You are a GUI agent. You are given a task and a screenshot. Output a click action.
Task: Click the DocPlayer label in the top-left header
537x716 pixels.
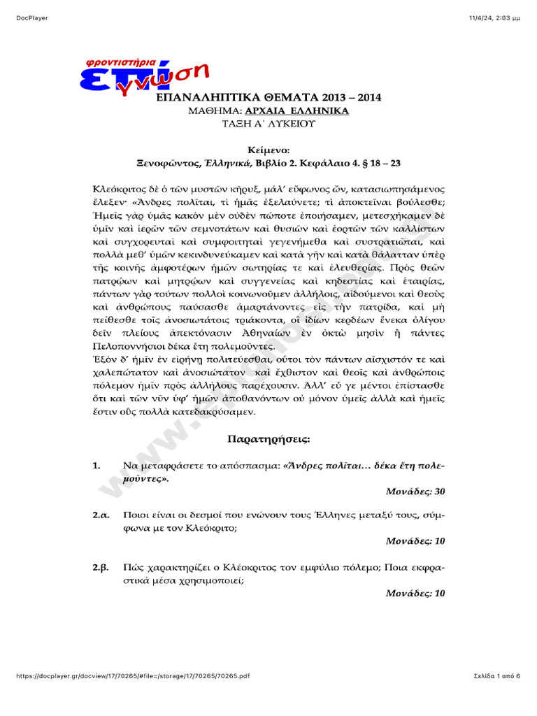[x=31, y=17]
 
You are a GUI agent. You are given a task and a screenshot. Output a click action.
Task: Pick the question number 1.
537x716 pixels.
[x=96, y=466]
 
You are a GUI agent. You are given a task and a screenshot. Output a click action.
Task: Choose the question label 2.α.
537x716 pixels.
[x=101, y=515]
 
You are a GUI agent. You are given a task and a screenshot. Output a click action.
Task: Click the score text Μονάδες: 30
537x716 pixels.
[x=415, y=492]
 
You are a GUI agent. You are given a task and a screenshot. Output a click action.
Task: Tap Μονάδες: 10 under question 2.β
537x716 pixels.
[x=415, y=594]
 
